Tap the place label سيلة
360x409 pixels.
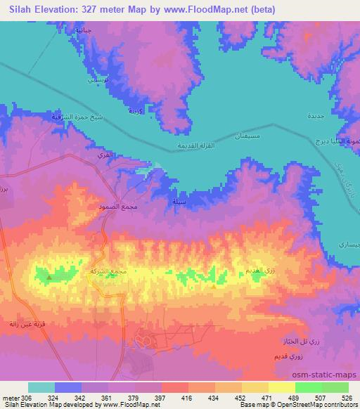coord(179,201)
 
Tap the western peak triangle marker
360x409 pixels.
coord(49,277)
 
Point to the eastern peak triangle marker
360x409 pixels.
coord(213,286)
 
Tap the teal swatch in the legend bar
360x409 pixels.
coord(41,387)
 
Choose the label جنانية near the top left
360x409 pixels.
coord(83,32)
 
